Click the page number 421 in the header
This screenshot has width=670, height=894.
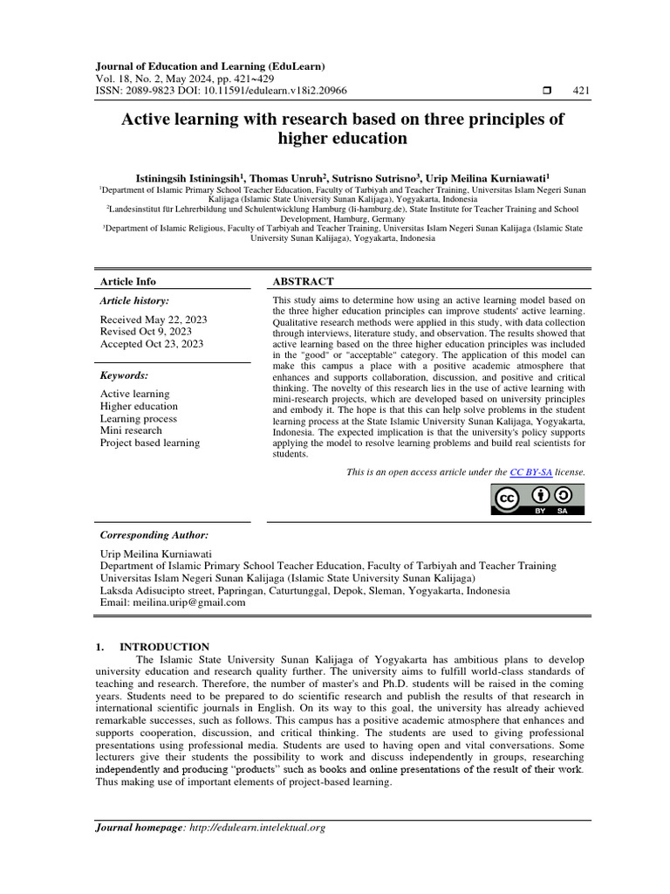click(x=582, y=91)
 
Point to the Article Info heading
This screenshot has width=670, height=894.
click(x=128, y=281)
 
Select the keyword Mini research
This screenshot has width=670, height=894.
click(x=131, y=430)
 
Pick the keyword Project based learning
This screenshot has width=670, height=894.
click(x=150, y=443)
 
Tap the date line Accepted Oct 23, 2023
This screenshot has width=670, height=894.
click(x=152, y=344)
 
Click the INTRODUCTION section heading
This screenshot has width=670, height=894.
click(x=164, y=647)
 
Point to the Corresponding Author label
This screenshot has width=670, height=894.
click(x=154, y=534)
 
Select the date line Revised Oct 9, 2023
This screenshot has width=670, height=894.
click(x=146, y=332)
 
